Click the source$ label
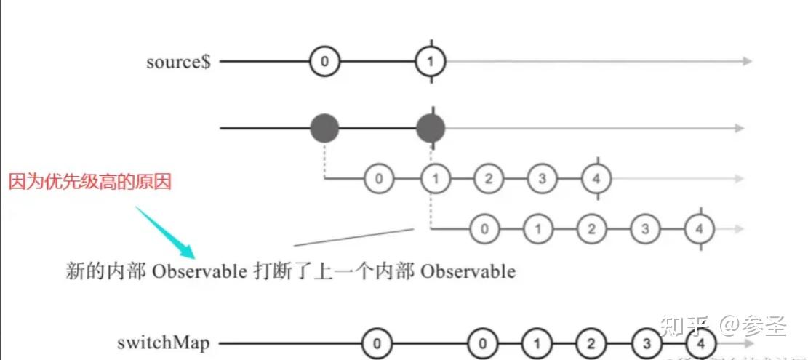point(178,62)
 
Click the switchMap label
point(161,343)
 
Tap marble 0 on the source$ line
point(324,62)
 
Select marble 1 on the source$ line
point(431,62)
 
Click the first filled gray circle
point(324,128)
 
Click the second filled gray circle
point(431,128)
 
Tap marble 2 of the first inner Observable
point(488,178)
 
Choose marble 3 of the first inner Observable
point(542,178)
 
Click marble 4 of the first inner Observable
point(596,178)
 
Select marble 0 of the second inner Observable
point(484,228)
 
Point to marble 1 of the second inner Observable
point(537,228)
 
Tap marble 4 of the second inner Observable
point(700,228)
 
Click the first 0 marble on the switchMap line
point(375,343)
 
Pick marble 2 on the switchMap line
point(591,343)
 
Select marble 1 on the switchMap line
point(537,343)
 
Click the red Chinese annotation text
point(89,182)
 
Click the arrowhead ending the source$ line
point(747,62)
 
